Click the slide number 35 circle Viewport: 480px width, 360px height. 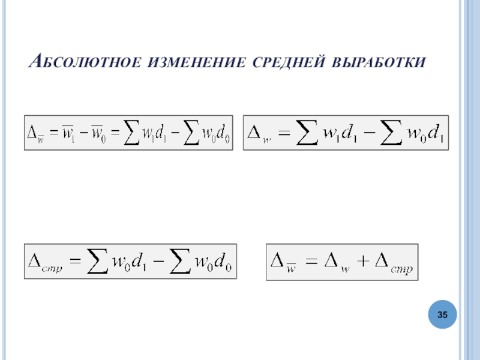(443, 315)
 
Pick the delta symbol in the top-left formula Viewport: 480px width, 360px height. (33, 133)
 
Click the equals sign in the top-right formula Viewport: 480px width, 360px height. (284, 133)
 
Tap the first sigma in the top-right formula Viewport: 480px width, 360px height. (307, 133)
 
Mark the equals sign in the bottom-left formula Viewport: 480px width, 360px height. (74, 262)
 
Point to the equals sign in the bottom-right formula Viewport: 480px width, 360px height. (311, 262)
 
